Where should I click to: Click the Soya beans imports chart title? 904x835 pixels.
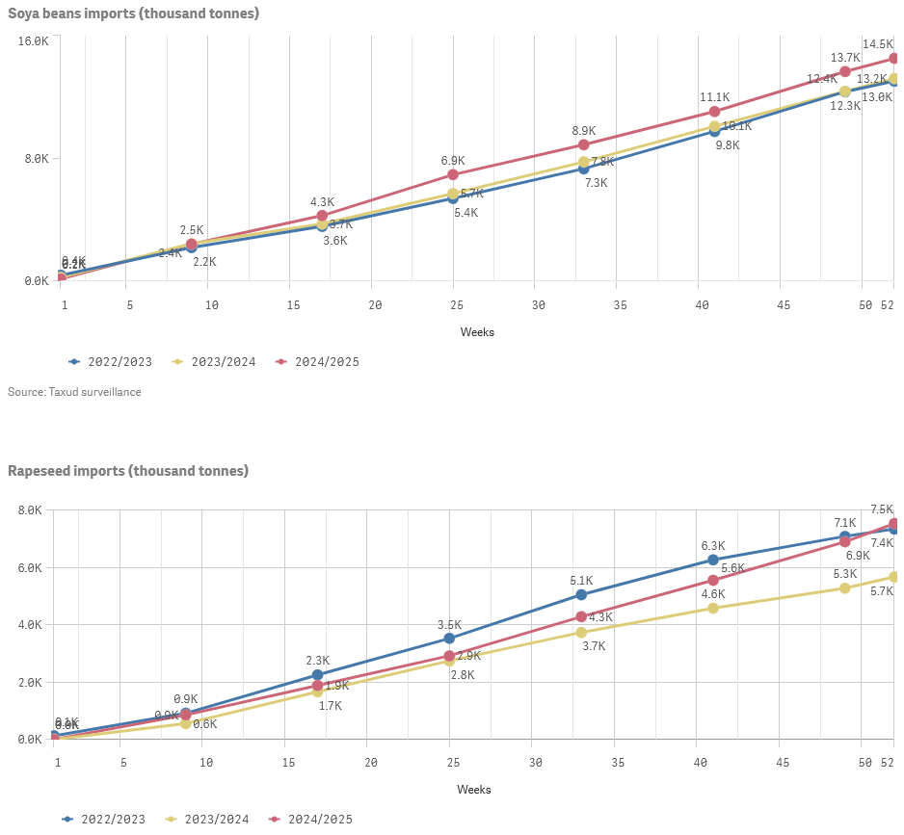coord(133,13)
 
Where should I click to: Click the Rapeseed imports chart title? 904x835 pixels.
coord(128,471)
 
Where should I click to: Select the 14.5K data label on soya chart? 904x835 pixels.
coord(878,44)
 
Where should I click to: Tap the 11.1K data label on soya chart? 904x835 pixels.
coord(714,97)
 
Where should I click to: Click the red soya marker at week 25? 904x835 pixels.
coord(452,174)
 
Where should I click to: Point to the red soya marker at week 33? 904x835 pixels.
coord(583,144)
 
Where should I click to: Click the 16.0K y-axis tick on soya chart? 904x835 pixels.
coord(34,41)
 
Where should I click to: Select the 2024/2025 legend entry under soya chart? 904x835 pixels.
coord(322,362)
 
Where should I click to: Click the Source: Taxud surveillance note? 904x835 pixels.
coord(74,392)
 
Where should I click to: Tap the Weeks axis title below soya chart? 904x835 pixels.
coord(477,332)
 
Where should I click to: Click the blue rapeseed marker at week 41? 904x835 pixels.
coord(713,560)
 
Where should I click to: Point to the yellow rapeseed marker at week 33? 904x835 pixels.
coord(581,633)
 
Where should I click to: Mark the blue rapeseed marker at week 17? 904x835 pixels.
coord(318,675)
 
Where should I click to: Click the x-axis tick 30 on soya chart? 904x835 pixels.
coord(538,304)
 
